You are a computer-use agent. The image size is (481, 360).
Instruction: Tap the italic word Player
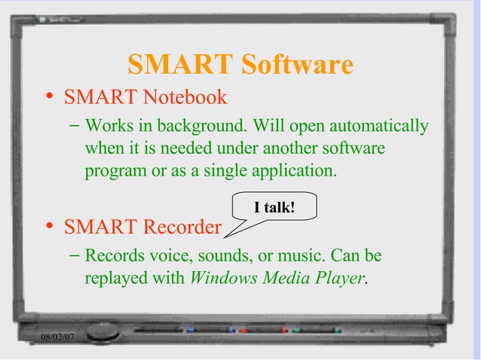click(339, 277)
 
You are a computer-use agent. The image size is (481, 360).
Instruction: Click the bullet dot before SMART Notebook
click(49, 96)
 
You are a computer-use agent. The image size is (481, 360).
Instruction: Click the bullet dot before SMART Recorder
click(49, 225)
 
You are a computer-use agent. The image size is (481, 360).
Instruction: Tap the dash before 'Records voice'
click(74, 255)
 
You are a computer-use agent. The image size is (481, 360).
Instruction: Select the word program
click(116, 170)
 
